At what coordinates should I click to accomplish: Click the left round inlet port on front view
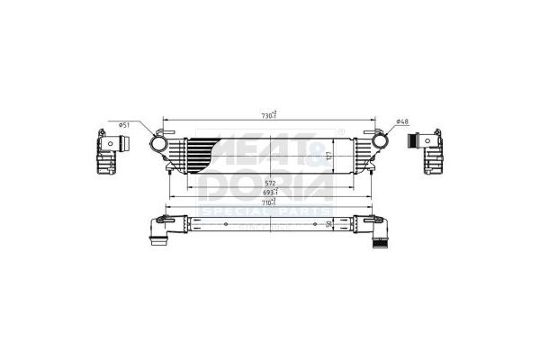coord(158,143)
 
